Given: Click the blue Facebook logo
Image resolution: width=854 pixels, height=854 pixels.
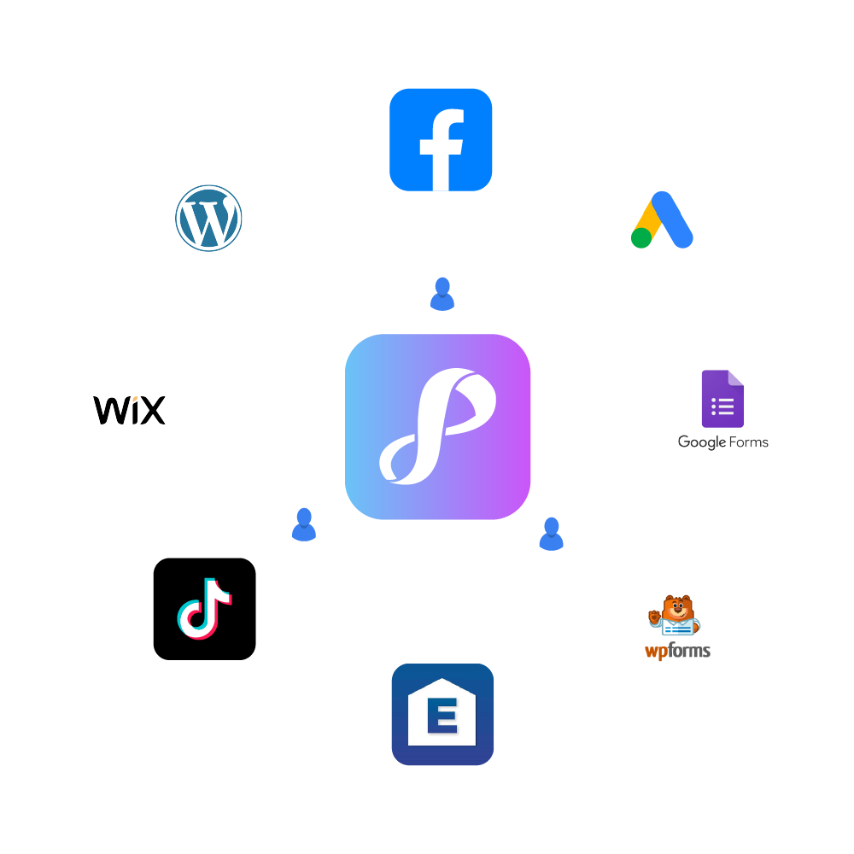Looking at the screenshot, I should coord(441,139).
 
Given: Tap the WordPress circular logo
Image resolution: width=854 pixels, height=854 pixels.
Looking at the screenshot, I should coord(208,218).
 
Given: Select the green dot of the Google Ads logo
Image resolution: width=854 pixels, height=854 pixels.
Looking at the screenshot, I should coord(641,237).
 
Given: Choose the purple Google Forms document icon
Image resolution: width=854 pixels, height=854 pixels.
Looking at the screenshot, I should coord(722,399).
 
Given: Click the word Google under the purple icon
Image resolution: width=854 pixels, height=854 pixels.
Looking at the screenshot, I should coord(701,442).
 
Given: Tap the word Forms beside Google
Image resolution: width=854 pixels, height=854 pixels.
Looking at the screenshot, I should coord(748,442).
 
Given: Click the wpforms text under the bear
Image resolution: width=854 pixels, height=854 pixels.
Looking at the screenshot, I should coord(677,652).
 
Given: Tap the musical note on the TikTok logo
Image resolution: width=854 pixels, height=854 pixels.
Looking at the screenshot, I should coord(204,609).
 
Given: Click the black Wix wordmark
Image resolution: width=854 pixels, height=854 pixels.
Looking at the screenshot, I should coord(129,410).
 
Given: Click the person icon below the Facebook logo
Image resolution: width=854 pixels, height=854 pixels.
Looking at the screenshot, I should coord(442,294).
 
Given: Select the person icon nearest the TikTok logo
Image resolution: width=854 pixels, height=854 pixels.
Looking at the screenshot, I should coord(304,524).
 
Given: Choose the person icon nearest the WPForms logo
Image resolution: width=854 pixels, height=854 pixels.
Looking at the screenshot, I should coord(551,534).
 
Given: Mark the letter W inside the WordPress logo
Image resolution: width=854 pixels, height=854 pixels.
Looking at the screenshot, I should coord(208,219).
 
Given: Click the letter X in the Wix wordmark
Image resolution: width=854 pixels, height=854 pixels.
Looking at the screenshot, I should coord(151,411).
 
